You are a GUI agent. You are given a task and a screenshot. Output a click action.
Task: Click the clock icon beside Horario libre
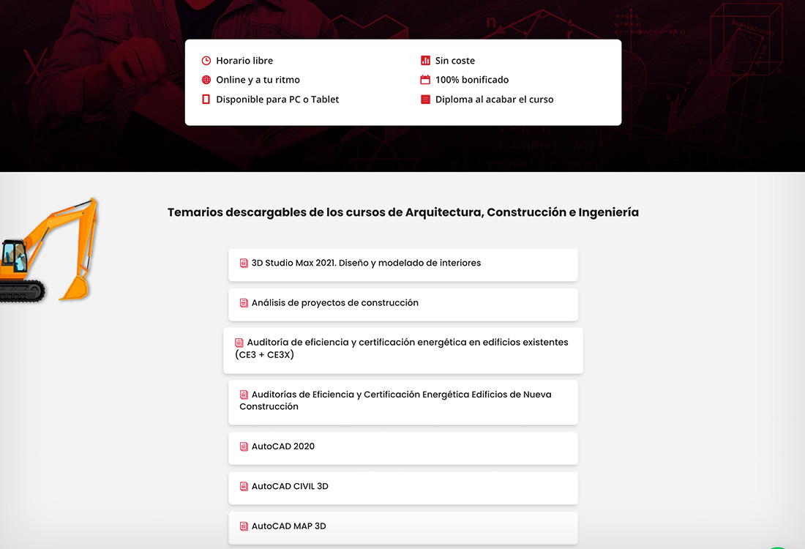(x=206, y=61)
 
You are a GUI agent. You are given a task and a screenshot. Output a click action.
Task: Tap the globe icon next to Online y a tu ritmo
(x=206, y=80)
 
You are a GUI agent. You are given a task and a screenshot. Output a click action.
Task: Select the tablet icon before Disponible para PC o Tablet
(x=206, y=100)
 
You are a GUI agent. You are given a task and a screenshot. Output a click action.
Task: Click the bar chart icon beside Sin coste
(x=425, y=61)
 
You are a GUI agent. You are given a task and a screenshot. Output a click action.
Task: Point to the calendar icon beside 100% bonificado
(x=425, y=80)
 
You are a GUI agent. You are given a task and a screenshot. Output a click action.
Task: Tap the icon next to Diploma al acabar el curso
(x=425, y=100)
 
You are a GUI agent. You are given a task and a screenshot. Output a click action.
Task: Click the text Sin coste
(x=455, y=61)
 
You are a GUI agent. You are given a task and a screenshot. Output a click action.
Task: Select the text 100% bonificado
(x=472, y=80)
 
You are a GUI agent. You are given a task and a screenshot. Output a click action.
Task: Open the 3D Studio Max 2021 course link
(x=366, y=263)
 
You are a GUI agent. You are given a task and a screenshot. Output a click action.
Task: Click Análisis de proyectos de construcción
(x=334, y=303)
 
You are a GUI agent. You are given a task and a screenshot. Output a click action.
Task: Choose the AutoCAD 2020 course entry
(x=282, y=447)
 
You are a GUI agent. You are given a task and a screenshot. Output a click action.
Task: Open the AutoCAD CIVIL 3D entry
(x=290, y=486)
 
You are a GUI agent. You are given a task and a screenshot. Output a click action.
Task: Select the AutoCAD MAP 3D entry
(x=288, y=526)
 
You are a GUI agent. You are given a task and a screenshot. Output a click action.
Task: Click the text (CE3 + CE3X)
(x=264, y=355)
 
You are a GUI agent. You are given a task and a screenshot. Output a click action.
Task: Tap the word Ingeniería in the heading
(x=608, y=212)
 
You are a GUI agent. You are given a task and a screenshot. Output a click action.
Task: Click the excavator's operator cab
(x=13, y=255)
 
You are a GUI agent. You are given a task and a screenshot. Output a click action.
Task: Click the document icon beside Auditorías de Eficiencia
(x=244, y=395)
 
